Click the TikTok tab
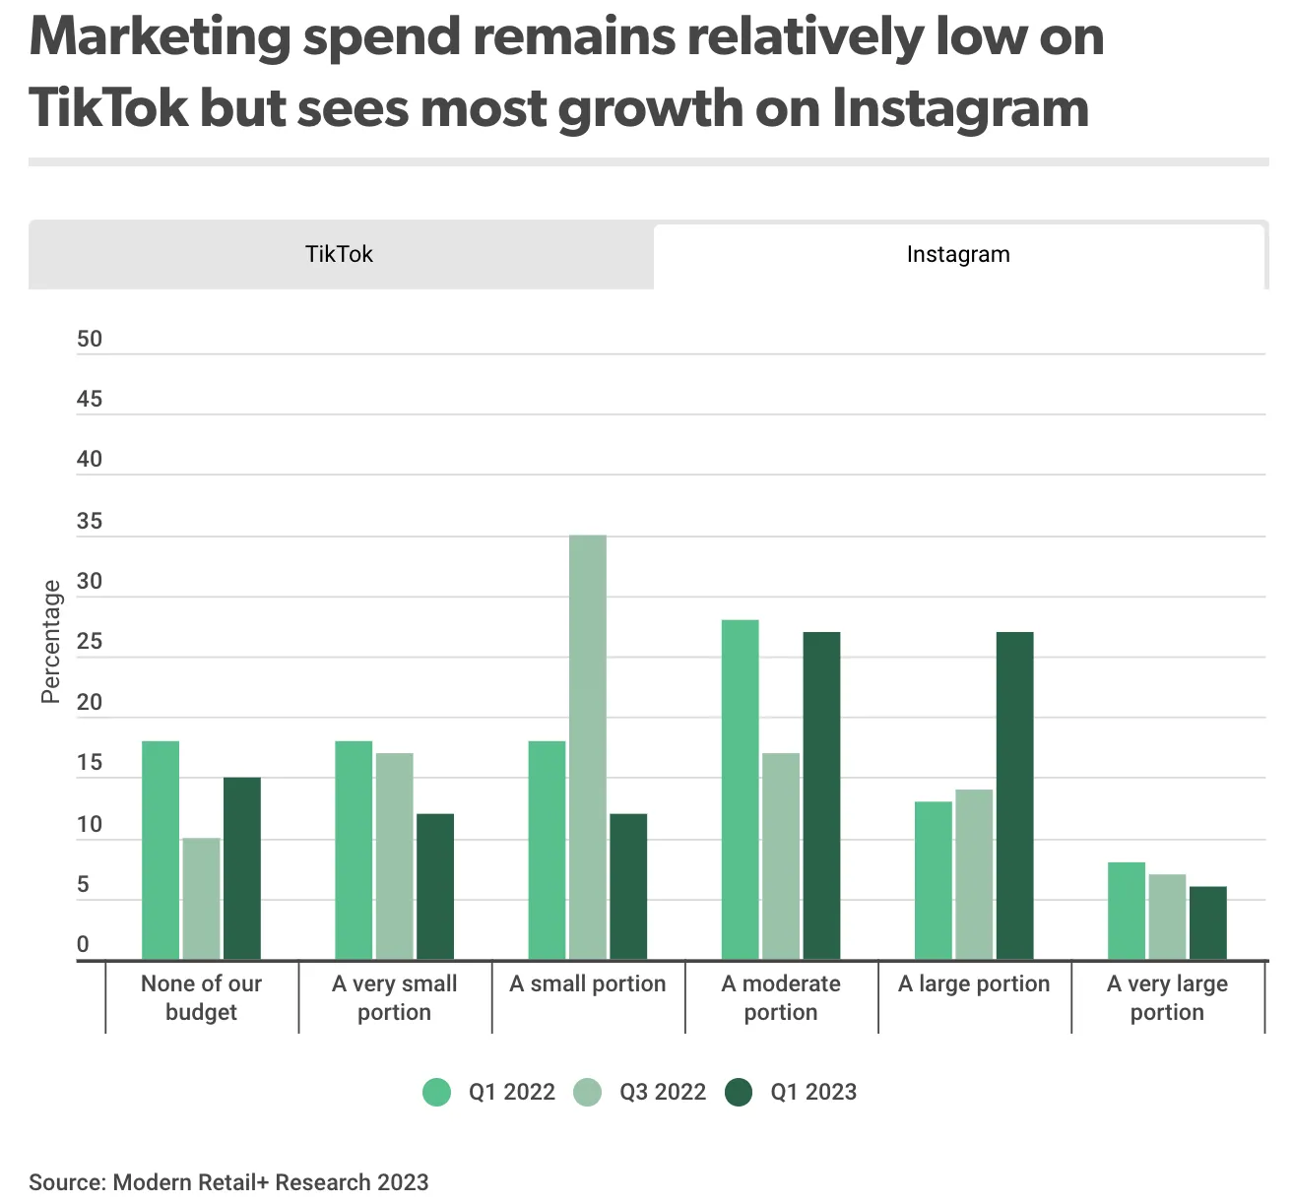pyautogui.click(x=341, y=254)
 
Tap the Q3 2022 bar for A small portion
pyautogui.click(x=588, y=747)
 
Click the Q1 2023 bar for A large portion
pyautogui.click(x=1014, y=795)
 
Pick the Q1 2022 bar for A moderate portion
pyautogui.click(x=740, y=790)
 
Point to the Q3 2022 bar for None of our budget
pyautogui.click(x=201, y=899)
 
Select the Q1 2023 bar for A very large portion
pyautogui.click(x=1207, y=922)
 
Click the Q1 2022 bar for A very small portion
pyautogui.click(x=354, y=850)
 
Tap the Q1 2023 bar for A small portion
pyautogui.click(x=628, y=886)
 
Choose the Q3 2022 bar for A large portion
pyautogui.click(x=974, y=874)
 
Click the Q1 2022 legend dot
pyautogui.click(x=436, y=1092)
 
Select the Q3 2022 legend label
pyautogui.click(x=663, y=1092)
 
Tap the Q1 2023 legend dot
pyautogui.click(x=739, y=1092)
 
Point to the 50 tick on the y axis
pyautogui.click(x=90, y=339)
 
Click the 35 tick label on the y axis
pyautogui.click(x=90, y=521)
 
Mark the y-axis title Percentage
pyautogui.click(x=51, y=642)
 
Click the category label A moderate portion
pyautogui.click(x=781, y=997)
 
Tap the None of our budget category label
pyautogui.click(x=201, y=997)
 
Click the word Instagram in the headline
pyautogui.click(x=960, y=109)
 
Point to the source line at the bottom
pyautogui.click(x=228, y=1182)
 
